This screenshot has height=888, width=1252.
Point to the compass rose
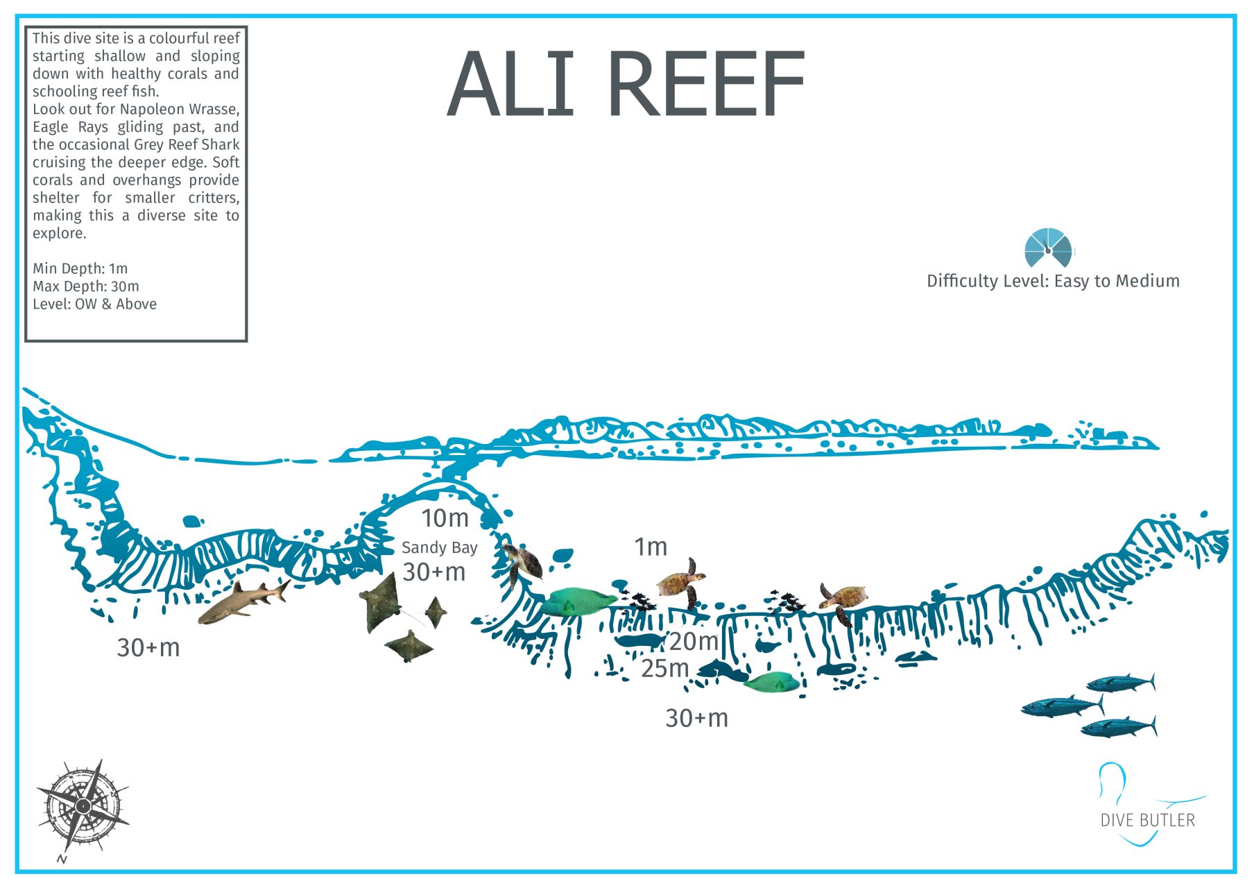pyautogui.click(x=83, y=806)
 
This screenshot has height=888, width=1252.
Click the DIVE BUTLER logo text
pyautogui.click(x=1147, y=820)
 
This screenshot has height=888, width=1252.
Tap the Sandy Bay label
pyautogui.click(x=439, y=547)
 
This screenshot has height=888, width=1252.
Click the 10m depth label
pyautogui.click(x=445, y=518)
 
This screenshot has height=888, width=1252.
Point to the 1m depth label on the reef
pyautogui.click(x=650, y=547)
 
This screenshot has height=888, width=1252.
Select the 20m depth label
pyautogui.click(x=693, y=642)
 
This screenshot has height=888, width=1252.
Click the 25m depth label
pyautogui.click(x=664, y=669)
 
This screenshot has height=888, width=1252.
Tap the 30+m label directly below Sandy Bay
pyautogui.click(x=434, y=572)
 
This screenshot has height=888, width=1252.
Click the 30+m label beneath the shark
pyautogui.click(x=148, y=648)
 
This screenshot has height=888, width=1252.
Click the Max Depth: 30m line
pyautogui.click(x=85, y=287)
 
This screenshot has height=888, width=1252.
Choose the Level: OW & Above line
pyautogui.click(x=94, y=305)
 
